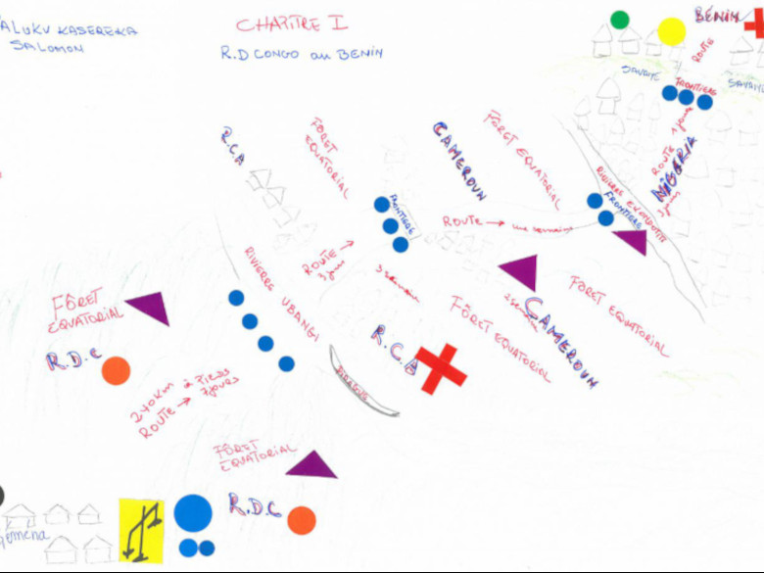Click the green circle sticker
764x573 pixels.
pos(619,20)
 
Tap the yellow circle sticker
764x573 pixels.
pos(671,31)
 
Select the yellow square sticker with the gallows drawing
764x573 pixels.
pos(141,530)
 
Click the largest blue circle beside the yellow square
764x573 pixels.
pos(193,512)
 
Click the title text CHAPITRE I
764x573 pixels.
pos(291,23)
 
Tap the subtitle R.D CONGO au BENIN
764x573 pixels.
pos(302,54)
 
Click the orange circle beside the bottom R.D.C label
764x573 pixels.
pos(302,520)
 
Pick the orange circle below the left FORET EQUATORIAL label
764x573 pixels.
pos(116,370)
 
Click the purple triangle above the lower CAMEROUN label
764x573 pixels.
pos(519,271)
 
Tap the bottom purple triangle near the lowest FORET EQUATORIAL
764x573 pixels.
pos(312,464)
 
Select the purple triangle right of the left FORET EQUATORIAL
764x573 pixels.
pos(148,308)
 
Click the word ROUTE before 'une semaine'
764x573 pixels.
pos(462,222)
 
